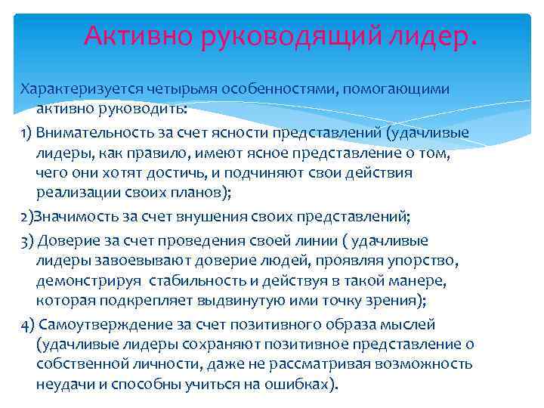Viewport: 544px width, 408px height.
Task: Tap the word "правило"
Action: click(x=147, y=154)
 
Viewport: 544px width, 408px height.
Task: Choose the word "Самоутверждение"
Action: click(x=104, y=326)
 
